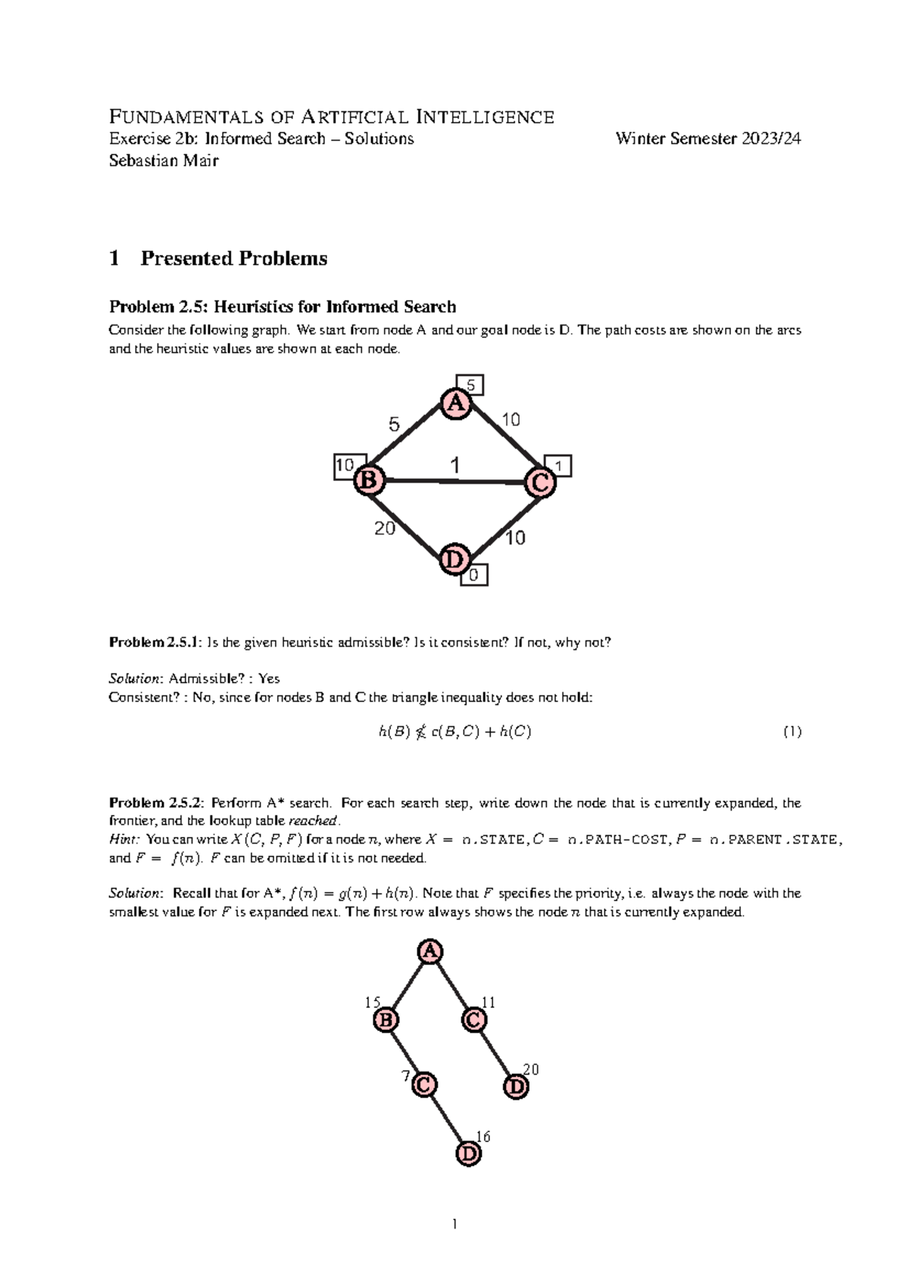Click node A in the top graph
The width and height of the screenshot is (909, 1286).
click(455, 404)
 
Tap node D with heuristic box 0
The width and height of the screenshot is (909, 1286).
click(454, 560)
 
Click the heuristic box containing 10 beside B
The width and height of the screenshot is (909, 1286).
click(345, 466)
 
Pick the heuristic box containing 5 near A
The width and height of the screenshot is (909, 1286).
click(469, 385)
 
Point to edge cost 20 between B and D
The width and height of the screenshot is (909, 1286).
click(385, 529)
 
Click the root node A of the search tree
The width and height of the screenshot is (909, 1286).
click(430, 952)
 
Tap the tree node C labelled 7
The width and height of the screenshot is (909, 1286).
click(424, 1085)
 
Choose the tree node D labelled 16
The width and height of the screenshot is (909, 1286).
click(469, 1153)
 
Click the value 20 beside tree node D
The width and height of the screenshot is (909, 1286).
click(531, 1069)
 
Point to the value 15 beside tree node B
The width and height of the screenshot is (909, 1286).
click(372, 1003)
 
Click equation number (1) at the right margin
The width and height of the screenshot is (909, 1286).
click(792, 732)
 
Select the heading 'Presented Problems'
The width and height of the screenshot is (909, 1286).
click(233, 258)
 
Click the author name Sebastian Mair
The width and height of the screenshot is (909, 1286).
click(164, 160)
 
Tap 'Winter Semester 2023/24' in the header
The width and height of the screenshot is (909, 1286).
click(708, 139)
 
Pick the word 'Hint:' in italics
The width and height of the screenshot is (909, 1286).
click(125, 839)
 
